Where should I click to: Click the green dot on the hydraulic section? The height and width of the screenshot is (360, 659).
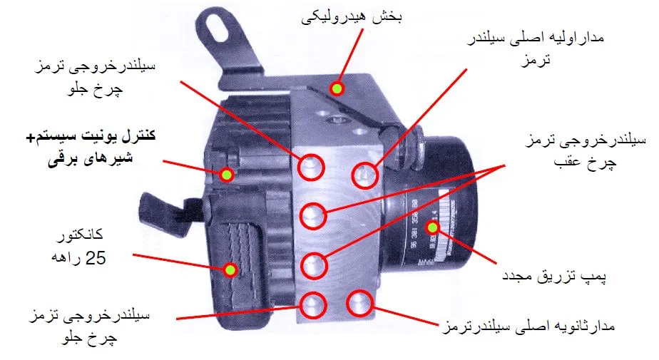(337, 88)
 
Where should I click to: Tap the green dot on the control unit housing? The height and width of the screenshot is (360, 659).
(227, 175)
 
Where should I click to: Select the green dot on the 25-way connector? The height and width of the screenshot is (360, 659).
(230, 269)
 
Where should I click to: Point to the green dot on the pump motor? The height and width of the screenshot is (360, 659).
(431, 228)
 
